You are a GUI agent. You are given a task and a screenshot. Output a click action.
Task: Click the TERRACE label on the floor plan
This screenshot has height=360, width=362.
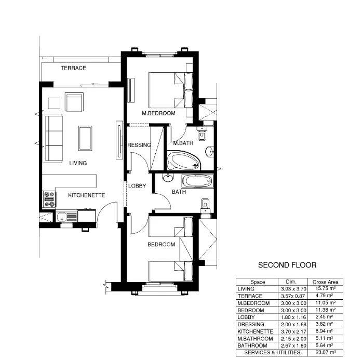click(73, 68)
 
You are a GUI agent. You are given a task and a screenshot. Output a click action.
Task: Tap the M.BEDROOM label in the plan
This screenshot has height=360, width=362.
click(159, 113)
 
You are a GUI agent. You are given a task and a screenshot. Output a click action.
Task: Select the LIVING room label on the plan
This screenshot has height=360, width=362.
click(78, 163)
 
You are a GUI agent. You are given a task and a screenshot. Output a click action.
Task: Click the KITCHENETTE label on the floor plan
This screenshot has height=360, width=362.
click(87, 195)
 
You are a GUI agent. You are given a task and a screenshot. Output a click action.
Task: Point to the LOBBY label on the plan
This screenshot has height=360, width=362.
click(137, 185)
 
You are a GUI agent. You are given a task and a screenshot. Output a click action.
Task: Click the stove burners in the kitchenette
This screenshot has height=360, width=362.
click(49, 199)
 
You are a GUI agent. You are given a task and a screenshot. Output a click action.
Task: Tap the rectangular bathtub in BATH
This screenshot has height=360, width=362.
click(196, 182)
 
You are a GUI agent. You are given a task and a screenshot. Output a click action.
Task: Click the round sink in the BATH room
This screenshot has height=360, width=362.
click(168, 179)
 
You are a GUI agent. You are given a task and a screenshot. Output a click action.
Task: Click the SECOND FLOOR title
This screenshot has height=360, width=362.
click(287, 265)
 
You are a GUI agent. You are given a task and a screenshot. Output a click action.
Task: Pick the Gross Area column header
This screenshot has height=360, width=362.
click(326, 282)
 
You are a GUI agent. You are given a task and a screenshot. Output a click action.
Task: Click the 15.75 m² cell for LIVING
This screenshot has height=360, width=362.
click(326, 288)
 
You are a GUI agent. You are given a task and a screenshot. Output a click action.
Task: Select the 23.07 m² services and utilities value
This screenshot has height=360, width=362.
click(326, 352)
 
